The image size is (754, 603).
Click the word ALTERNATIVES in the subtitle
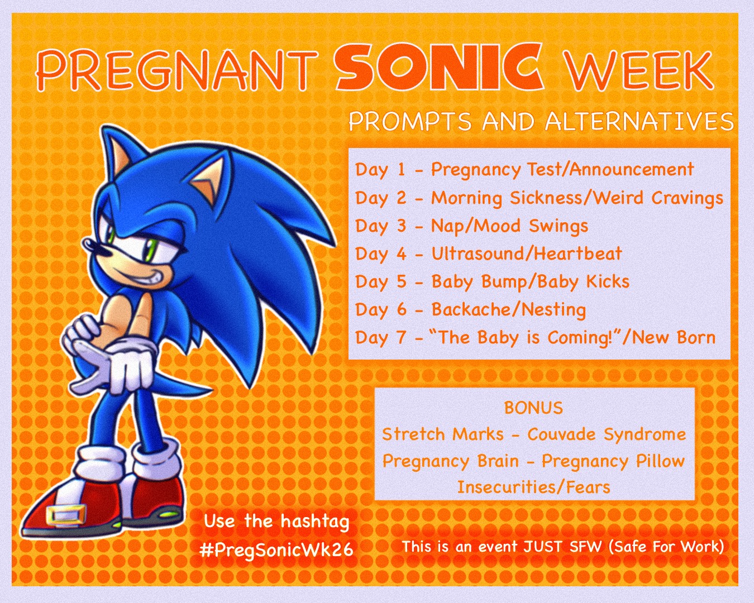point(639,122)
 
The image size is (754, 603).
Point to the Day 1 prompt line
point(524,170)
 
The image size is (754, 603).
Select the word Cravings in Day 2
point(687,198)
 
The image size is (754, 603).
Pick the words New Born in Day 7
point(674,337)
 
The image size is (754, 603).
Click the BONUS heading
point(533,408)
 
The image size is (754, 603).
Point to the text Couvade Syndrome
point(607,435)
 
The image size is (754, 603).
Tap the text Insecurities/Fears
point(533,487)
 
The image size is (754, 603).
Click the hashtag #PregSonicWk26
point(276,551)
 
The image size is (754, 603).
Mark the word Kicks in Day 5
point(608,281)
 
